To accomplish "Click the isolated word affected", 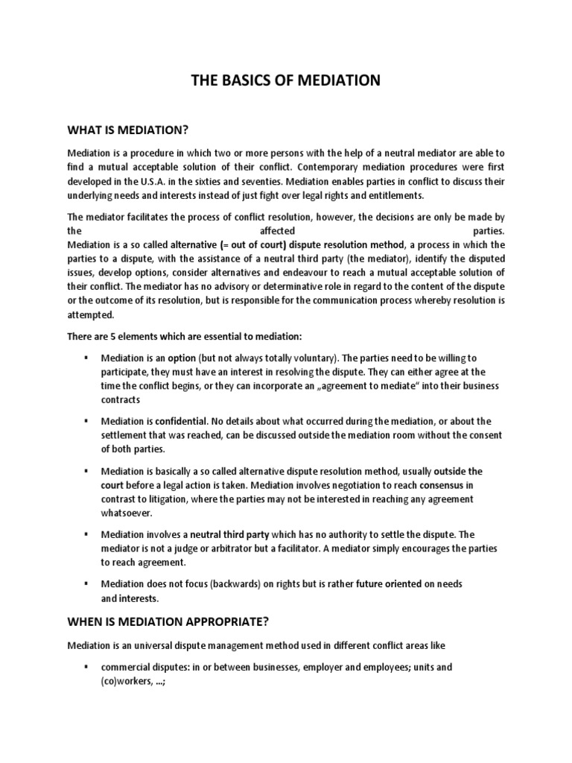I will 285,231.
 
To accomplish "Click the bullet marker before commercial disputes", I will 87,668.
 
